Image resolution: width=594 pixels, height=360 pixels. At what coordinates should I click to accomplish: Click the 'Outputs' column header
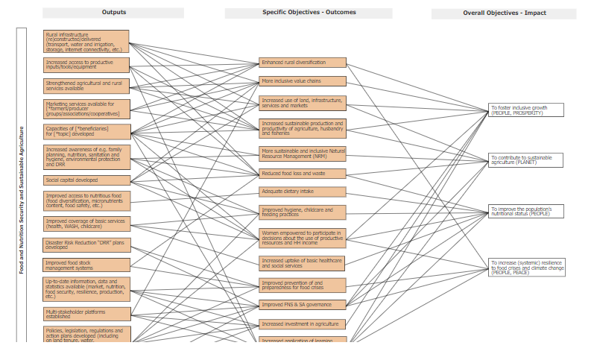113,13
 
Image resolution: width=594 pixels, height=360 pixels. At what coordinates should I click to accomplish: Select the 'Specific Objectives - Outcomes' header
309,13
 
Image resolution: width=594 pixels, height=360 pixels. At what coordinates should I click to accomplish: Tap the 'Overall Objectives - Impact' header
504,13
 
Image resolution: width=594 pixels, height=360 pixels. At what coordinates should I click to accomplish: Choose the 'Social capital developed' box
86,180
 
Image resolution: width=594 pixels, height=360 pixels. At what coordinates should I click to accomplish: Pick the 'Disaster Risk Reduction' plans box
86,244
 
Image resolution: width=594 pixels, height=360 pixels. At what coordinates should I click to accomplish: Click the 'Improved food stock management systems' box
86,265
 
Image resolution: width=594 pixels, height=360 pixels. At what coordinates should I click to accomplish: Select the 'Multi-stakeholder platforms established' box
86,314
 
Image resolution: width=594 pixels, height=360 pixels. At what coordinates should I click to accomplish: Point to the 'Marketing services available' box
86,109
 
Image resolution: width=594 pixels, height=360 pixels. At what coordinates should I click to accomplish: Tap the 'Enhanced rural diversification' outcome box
303,63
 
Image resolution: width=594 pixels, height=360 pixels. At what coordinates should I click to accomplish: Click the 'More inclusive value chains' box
303,80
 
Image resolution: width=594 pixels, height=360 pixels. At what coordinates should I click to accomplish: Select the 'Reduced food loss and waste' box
303,173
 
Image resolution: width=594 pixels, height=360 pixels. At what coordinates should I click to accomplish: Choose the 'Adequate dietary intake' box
303,192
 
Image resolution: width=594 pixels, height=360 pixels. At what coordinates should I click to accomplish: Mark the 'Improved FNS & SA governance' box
303,304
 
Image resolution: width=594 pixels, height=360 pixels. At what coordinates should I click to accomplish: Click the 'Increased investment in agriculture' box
303,324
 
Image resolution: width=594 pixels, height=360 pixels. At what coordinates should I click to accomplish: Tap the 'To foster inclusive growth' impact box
525,110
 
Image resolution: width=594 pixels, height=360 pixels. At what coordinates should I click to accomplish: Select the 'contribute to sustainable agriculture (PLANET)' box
525,160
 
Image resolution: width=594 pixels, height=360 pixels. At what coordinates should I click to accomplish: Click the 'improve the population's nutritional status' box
525,211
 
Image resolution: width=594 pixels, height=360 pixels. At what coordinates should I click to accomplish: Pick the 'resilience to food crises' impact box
525,267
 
